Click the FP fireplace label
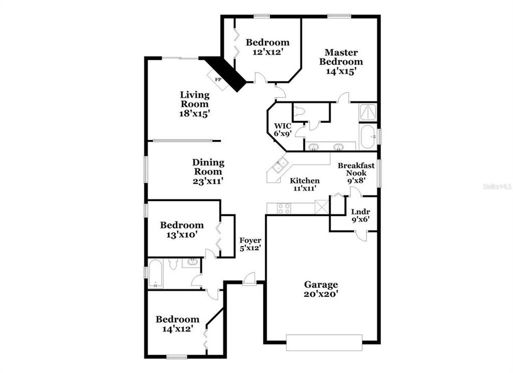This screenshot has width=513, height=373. point(218,79)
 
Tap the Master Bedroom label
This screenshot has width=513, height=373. point(341,62)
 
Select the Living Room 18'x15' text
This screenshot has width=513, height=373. point(195,104)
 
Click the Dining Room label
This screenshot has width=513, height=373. point(208,171)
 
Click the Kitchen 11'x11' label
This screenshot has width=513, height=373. point(304,184)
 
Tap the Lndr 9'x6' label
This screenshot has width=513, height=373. point(360,215)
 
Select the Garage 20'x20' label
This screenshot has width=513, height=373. point(321,289)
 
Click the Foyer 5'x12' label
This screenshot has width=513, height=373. point(250,244)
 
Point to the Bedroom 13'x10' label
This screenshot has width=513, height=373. point(182,229)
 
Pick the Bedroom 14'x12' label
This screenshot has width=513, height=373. point(178,324)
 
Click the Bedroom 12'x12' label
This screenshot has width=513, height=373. point(267,47)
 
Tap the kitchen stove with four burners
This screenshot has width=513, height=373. point(284,208)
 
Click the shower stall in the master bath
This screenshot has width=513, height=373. point(368,111)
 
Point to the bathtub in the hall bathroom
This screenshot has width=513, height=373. point(156,274)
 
